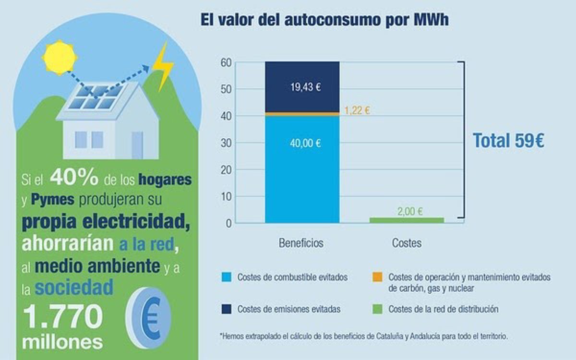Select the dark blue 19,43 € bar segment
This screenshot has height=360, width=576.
[302, 87]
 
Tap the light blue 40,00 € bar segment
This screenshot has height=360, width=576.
[302, 168]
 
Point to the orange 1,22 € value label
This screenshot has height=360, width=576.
[357, 110]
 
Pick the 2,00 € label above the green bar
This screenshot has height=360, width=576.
[410, 211]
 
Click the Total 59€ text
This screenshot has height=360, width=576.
[509, 141]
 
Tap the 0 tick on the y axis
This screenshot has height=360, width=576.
[229, 223]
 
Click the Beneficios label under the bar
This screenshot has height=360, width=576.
[301, 243]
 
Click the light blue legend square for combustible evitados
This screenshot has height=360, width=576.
[227, 277]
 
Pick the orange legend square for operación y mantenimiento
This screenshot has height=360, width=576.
[377, 277]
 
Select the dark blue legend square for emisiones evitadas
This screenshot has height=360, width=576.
[227, 309]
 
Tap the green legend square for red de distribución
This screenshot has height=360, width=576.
[377, 309]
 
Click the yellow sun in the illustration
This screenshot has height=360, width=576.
[60, 57]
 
